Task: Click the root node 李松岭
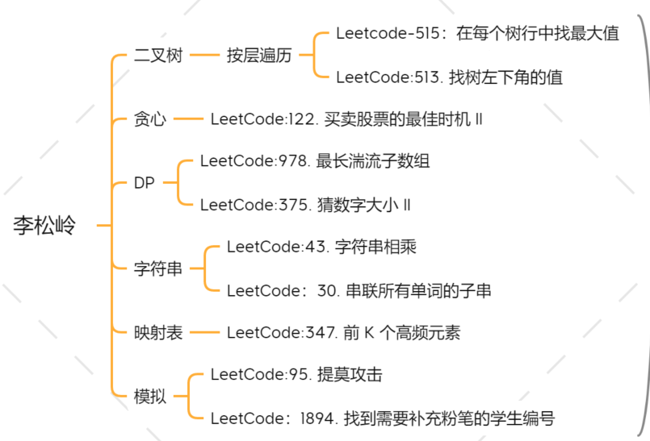click(44, 226)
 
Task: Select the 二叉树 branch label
click(158, 56)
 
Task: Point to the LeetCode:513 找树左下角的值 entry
click(449, 77)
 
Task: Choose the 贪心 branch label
click(150, 119)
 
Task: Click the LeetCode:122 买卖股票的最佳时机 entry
click(346, 119)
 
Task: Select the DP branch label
click(145, 183)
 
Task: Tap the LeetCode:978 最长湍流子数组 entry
click(315, 161)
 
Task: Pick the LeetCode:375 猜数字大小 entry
click(305, 205)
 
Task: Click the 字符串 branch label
click(158, 268)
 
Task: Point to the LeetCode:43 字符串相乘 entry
click(321, 247)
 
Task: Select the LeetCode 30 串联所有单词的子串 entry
click(359, 290)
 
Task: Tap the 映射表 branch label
click(158, 332)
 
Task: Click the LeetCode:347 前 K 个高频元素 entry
click(343, 332)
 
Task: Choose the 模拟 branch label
click(150, 396)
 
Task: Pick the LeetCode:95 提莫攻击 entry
click(296, 374)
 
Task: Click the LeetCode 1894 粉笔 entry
click(383, 418)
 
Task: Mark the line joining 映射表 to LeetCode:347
click(205, 332)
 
